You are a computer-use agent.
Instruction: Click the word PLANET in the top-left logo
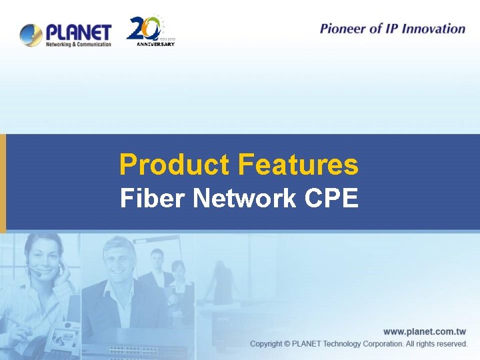[x=77, y=31]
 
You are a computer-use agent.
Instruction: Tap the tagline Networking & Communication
[x=77, y=45]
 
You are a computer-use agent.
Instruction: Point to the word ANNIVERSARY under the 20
[x=155, y=44]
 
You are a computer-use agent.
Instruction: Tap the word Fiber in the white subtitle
[x=151, y=198]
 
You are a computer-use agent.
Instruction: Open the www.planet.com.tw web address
[x=425, y=331]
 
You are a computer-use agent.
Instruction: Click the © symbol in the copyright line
[x=287, y=344]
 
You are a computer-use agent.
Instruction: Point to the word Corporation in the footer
[x=379, y=344]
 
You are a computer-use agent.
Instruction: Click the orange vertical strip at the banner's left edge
[x=3, y=183]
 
